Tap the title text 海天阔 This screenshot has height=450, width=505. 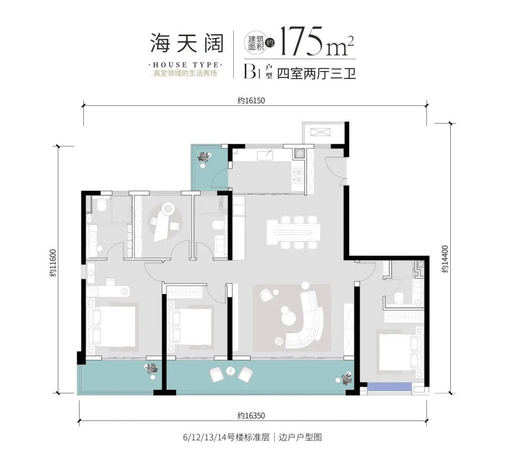tap(186, 43)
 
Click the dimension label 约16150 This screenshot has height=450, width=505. tap(248, 100)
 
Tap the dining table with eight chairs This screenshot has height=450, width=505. tap(294, 230)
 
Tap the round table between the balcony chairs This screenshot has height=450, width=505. tap(230, 371)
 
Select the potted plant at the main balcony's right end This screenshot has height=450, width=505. tap(346, 377)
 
